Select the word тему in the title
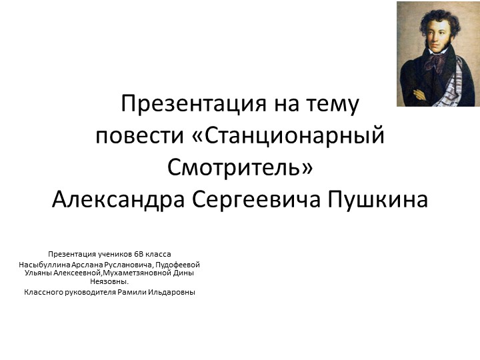point(331,105)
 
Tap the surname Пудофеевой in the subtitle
point(177,265)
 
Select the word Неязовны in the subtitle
point(108,281)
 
